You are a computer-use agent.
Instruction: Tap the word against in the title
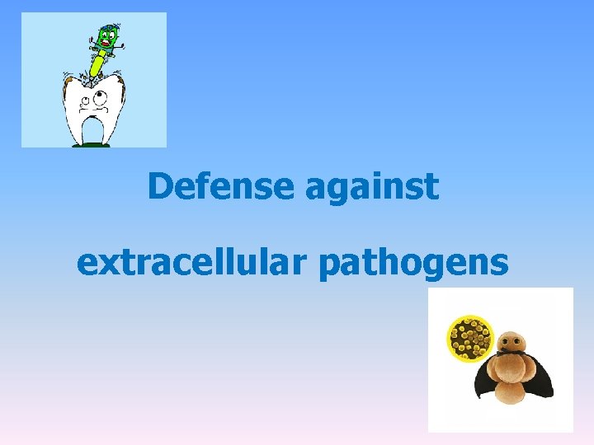(371, 188)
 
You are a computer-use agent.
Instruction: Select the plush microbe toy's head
(511, 340)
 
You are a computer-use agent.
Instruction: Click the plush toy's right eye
(518, 338)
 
